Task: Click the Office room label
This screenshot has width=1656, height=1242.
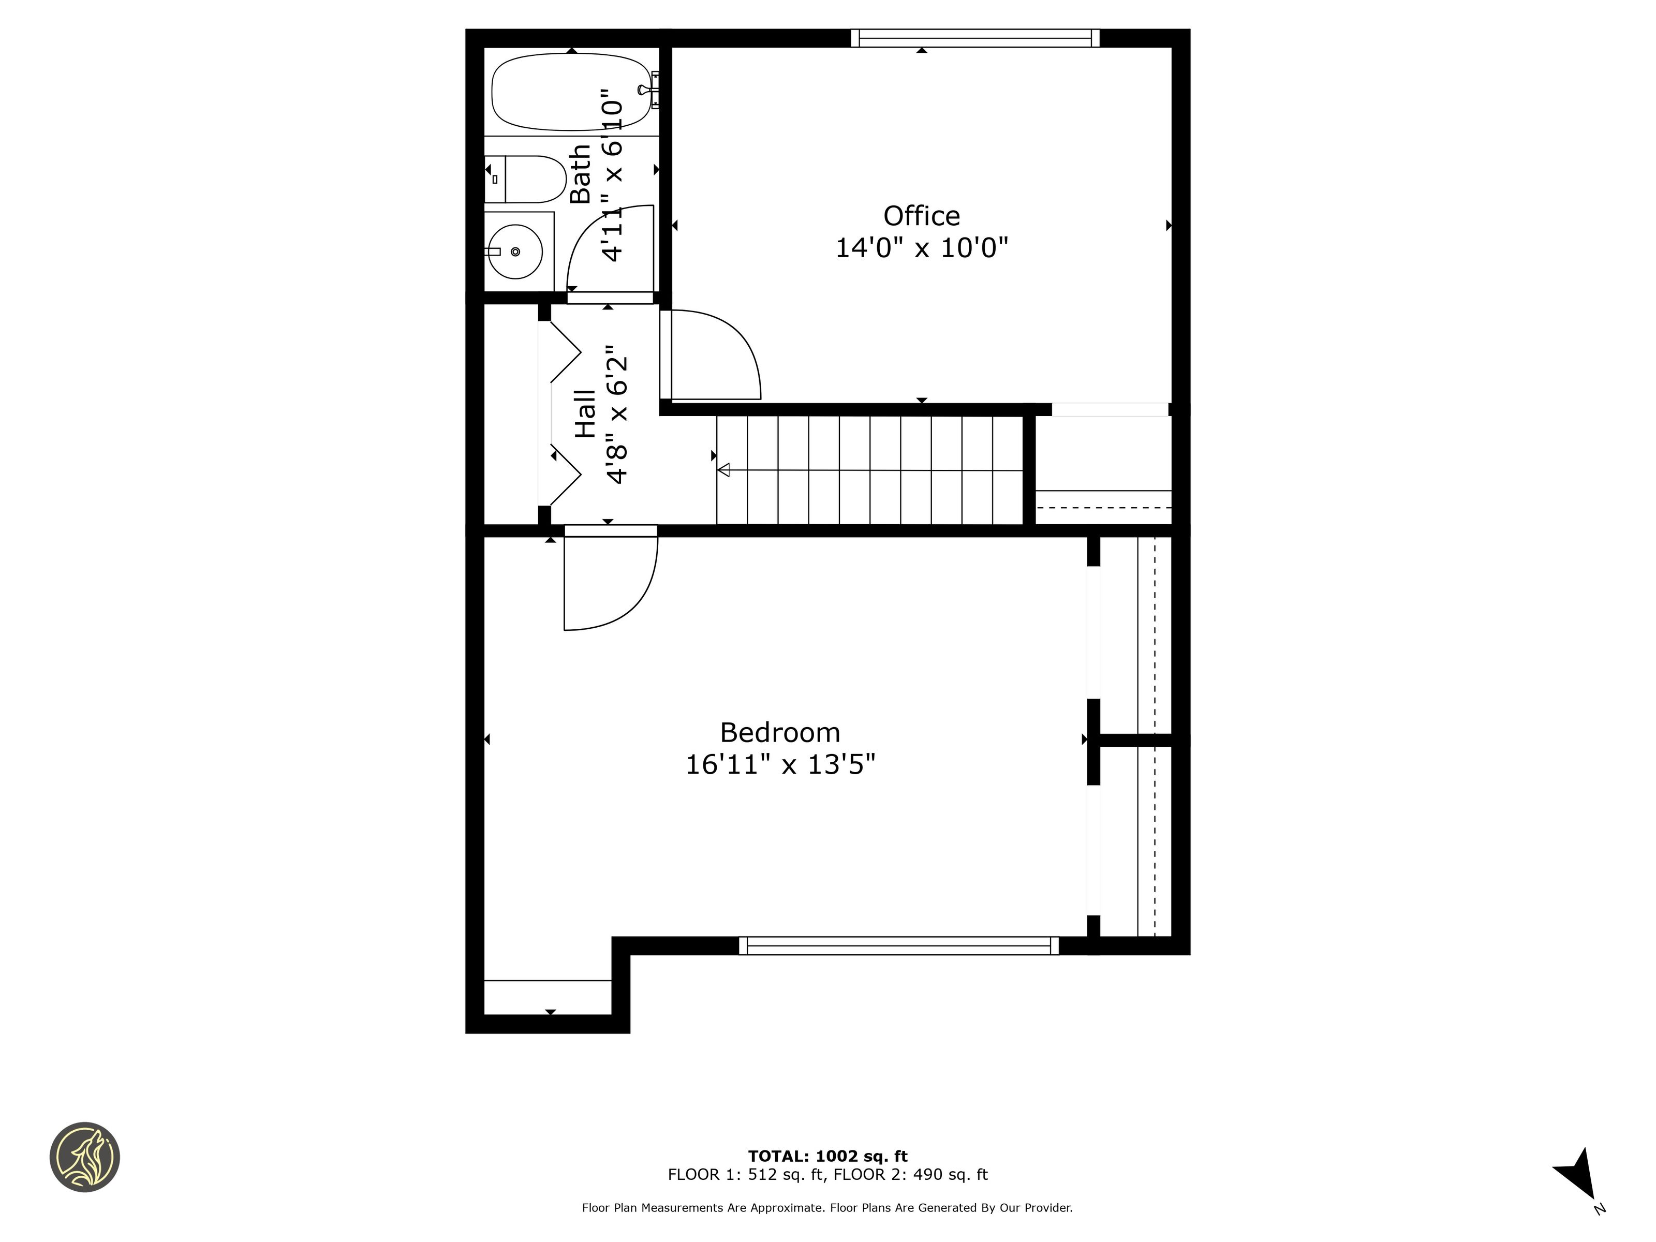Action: pos(922,216)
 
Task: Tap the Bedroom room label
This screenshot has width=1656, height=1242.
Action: pos(780,732)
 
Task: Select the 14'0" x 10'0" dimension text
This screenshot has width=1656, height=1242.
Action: pos(922,248)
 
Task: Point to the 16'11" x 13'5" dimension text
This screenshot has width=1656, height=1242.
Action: pos(780,764)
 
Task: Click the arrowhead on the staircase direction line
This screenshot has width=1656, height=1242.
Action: pos(723,470)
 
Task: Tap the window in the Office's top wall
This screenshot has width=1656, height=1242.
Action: pos(975,38)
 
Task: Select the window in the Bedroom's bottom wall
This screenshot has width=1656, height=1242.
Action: pos(898,945)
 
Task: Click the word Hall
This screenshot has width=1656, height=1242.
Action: pos(585,414)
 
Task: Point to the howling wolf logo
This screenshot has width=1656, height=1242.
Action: pos(84,1157)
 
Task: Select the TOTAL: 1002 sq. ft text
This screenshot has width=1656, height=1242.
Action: pos(828,1157)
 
